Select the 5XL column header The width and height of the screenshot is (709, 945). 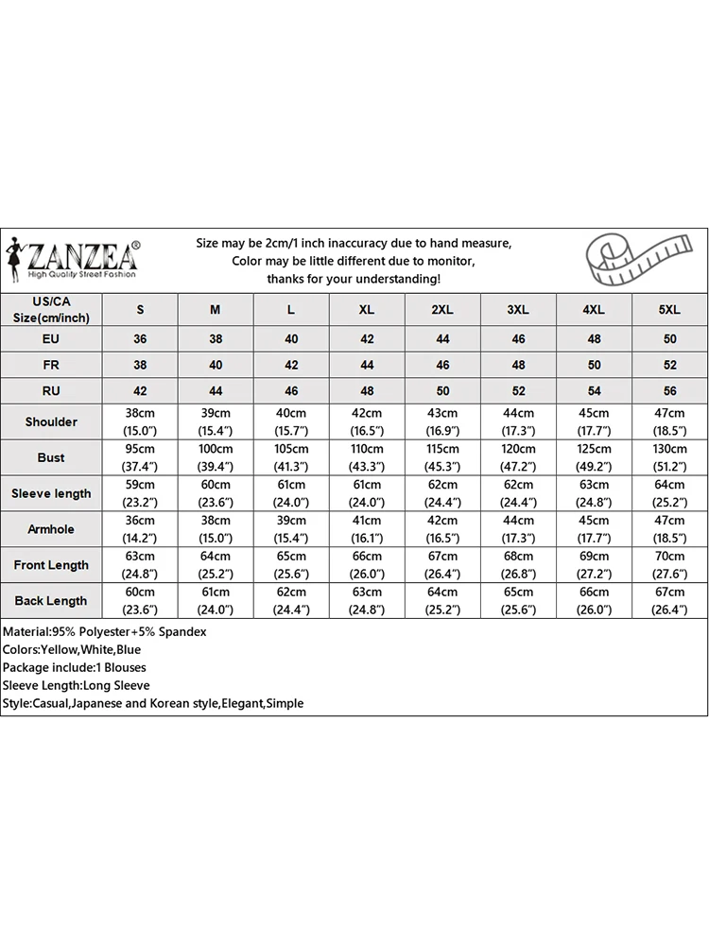[669, 310]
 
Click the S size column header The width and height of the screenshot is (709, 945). [140, 310]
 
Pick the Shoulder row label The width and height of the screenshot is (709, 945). [51, 421]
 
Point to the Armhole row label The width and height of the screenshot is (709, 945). [51, 529]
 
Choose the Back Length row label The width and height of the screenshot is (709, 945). [51, 601]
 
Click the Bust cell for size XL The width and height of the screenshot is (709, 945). [367, 457]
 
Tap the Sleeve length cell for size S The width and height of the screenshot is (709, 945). [140, 493]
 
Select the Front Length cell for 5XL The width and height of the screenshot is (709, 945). [669, 565]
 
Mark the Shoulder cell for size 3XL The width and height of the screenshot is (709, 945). [518, 421]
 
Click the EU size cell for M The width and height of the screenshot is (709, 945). [216, 338]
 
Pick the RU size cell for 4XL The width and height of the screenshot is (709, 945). [594, 390]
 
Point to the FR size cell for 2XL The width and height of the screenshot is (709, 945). [442, 364]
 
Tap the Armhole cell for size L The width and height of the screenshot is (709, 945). [291, 529]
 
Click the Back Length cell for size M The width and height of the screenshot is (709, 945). [216, 601]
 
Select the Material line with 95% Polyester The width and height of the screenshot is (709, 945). [104, 631]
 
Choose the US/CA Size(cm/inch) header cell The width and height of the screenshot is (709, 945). [51, 309]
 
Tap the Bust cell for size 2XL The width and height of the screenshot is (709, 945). [442, 457]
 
